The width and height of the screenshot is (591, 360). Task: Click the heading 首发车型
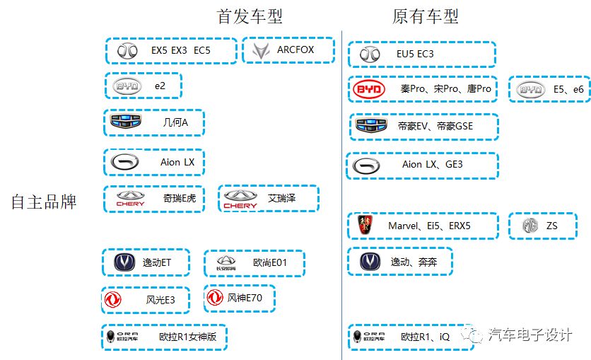[x=250, y=16]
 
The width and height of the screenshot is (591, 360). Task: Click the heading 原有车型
[x=426, y=16]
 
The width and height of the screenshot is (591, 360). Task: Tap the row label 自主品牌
[x=44, y=202]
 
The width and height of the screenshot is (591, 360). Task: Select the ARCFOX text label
[x=295, y=50]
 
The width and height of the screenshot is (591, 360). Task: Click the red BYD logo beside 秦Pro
[x=369, y=89]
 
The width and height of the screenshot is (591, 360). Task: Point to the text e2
[x=160, y=86]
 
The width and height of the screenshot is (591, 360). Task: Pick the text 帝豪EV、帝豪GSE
[x=435, y=127]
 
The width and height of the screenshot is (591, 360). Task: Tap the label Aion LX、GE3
[x=433, y=165]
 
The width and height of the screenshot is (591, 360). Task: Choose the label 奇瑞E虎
[x=179, y=199]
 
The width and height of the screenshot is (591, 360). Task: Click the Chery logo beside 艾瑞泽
[x=240, y=199]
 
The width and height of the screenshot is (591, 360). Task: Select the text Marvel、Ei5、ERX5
[x=429, y=226]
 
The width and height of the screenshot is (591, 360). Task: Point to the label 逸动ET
[x=157, y=263]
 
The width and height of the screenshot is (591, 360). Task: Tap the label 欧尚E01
[x=269, y=263]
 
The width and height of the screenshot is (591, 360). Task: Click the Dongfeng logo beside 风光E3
[x=112, y=301]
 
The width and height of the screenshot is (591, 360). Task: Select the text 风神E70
[x=245, y=298]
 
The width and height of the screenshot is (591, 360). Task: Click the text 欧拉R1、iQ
[x=425, y=337]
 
